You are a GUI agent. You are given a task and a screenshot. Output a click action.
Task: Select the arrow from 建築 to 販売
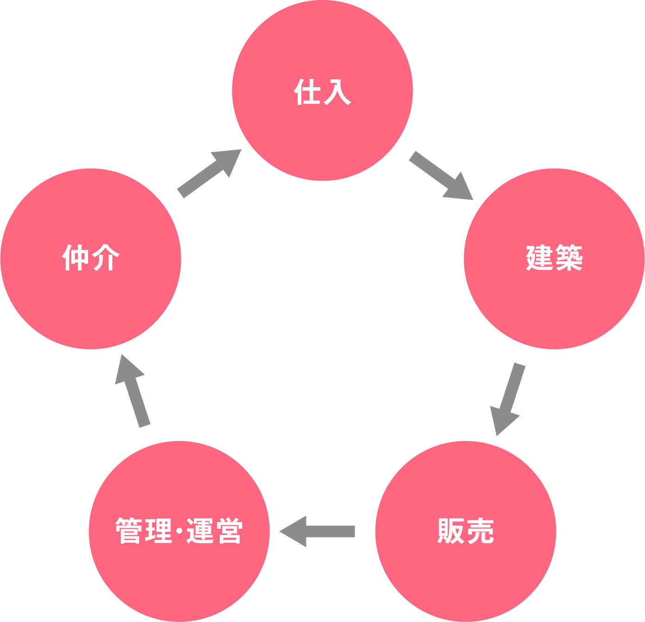[507, 399]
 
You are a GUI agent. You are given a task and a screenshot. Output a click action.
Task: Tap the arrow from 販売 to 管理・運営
[318, 532]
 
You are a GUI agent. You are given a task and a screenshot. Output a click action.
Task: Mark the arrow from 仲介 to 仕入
[210, 173]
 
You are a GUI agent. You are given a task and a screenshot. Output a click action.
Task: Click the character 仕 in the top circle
[307, 92]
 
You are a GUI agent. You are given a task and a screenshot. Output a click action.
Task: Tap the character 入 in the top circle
[337, 92]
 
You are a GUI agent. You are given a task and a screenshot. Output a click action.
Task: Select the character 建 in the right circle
[539, 258]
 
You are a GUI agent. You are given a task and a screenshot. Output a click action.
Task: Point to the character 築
[569, 258]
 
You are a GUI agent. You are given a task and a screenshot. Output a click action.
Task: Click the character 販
[451, 531]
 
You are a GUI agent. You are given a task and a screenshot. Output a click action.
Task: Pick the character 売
[480, 531]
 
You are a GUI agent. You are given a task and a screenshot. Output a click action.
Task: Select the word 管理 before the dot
[144, 532]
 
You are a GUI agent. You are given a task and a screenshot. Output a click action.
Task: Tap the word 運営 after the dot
[214, 532]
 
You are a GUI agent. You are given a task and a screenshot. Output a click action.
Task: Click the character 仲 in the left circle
[76, 258]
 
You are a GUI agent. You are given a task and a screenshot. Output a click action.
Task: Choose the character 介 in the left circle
[105, 258]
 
